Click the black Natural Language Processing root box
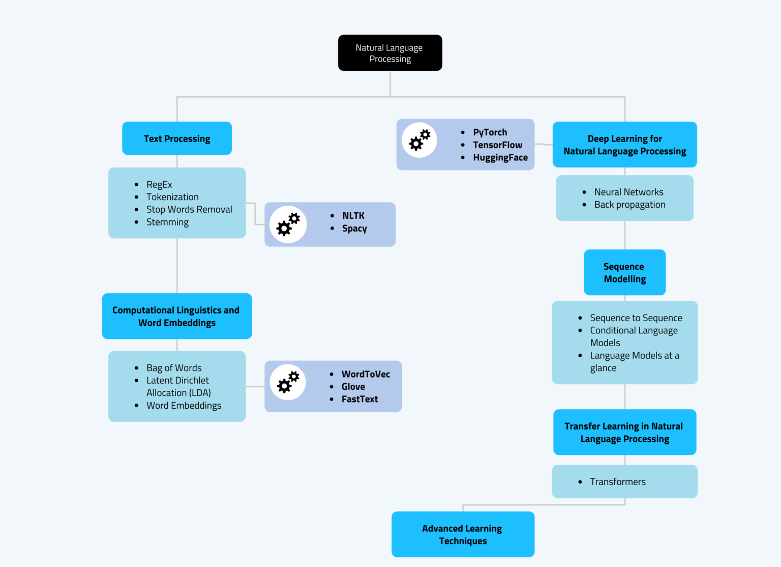pyautogui.click(x=390, y=53)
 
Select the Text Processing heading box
pyautogui.click(x=177, y=138)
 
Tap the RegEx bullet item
pyautogui.click(x=159, y=184)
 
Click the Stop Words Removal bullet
pyautogui.click(x=189, y=209)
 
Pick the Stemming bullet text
pyautogui.click(x=167, y=222)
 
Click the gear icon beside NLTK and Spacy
pyautogui.click(x=288, y=224)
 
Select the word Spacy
pyautogui.click(x=354, y=229)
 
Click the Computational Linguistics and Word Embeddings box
pyautogui.click(x=177, y=316)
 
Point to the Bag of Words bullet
pyautogui.click(x=174, y=367)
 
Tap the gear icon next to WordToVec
pyautogui.click(x=288, y=382)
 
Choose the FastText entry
pyautogui.click(x=359, y=399)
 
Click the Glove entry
pyautogui.click(x=353, y=387)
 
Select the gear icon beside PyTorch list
pyautogui.click(x=419, y=140)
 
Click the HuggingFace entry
pyautogui.click(x=500, y=158)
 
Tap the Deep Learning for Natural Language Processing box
pyautogui.click(x=624, y=145)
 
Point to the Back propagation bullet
pyautogui.click(x=629, y=205)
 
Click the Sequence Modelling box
pyautogui.click(x=624, y=272)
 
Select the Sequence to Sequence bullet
pyautogui.click(x=636, y=318)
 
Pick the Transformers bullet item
pyautogui.click(x=617, y=481)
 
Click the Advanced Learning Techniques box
pyautogui.click(x=463, y=534)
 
